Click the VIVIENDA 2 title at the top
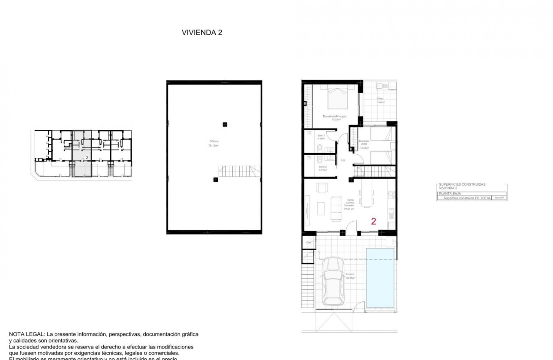point(202,32)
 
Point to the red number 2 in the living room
point(373,222)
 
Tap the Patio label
point(380,99)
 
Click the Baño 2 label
point(322,167)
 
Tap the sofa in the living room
point(335,206)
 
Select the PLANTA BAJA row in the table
point(448,193)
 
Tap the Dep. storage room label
point(308,243)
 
